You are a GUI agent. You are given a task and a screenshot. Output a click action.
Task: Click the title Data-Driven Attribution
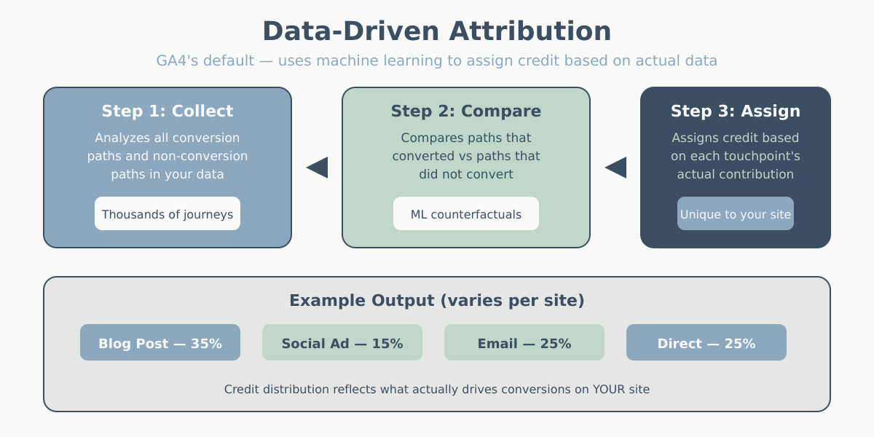pyautogui.click(x=437, y=31)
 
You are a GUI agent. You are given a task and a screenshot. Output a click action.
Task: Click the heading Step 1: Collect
pyautogui.click(x=168, y=111)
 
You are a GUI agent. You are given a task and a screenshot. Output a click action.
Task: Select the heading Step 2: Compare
pyautogui.click(x=466, y=111)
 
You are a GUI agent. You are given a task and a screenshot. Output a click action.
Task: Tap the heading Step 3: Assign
pyautogui.click(x=736, y=111)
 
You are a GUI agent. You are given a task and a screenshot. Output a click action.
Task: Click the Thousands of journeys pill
pyautogui.click(x=168, y=214)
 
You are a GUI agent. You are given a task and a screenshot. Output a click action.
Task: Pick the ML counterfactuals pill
pyautogui.click(x=466, y=214)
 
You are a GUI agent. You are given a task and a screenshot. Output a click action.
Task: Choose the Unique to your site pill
pyautogui.click(x=736, y=214)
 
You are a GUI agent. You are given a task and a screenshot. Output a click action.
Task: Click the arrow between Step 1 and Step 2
pyautogui.click(x=318, y=168)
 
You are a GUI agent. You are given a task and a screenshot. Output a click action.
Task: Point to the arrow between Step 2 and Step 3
pyautogui.click(x=617, y=168)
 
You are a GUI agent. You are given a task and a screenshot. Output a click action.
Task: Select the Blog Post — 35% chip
pyautogui.click(x=160, y=343)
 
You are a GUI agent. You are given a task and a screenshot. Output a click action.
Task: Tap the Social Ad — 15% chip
pyautogui.click(x=342, y=343)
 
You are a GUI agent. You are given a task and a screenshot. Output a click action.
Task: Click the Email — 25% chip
pyautogui.click(x=524, y=343)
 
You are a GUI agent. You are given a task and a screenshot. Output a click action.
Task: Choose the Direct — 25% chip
pyautogui.click(x=706, y=343)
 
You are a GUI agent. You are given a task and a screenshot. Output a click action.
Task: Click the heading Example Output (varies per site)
pyautogui.click(x=437, y=300)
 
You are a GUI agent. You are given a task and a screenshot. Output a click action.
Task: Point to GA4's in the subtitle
pyautogui.click(x=177, y=60)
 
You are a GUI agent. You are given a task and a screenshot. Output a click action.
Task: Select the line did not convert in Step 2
pyautogui.click(x=466, y=174)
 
